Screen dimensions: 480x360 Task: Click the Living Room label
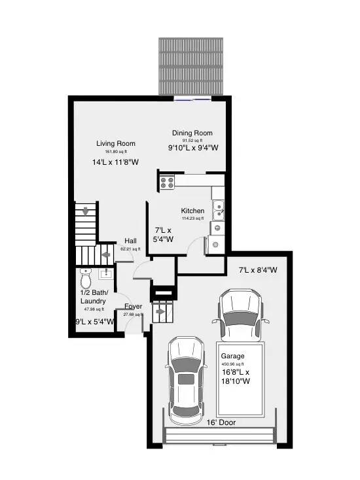(x=116, y=144)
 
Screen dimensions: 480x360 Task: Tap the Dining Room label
(x=192, y=133)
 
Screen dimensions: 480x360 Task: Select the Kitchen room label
(x=193, y=211)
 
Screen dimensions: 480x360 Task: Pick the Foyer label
(x=134, y=306)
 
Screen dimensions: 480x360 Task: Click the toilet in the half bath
(x=86, y=279)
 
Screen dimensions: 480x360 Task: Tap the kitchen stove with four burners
(x=166, y=182)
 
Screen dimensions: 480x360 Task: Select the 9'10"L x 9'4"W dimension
(x=193, y=148)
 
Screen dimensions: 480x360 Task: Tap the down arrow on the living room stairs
(x=84, y=211)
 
